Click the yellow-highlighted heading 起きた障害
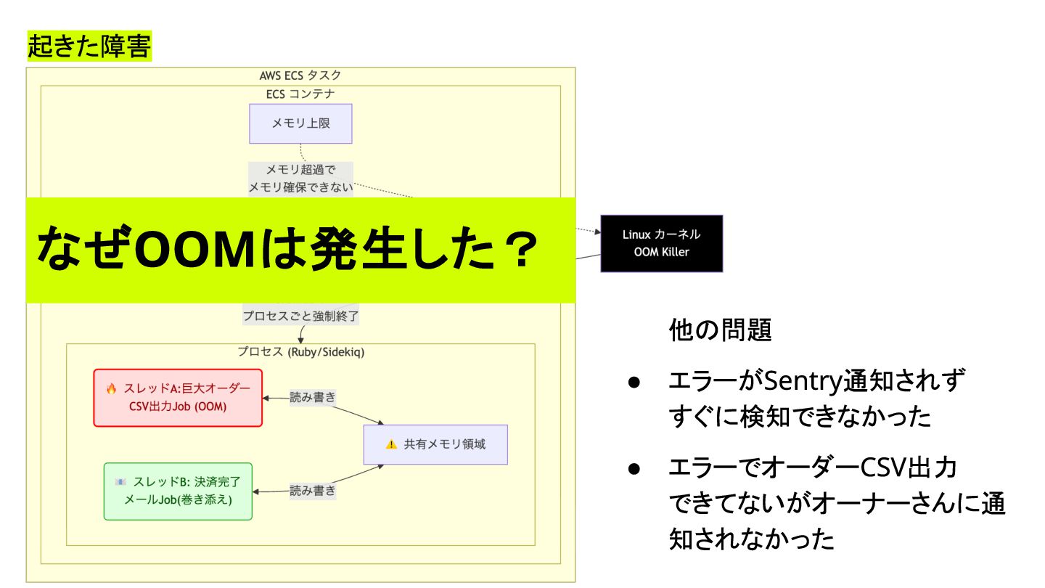point(89,46)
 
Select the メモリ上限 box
point(300,123)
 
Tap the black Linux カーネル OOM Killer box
point(661,243)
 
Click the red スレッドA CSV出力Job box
point(178,397)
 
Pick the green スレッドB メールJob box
point(178,491)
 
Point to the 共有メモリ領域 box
point(435,444)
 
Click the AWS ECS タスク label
point(300,75)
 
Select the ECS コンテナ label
point(300,94)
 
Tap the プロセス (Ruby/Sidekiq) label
point(300,352)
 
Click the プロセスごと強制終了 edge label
point(300,317)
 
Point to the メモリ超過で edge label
point(300,171)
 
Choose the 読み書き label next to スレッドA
point(313,397)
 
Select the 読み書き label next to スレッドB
point(313,491)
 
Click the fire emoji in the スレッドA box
point(111,388)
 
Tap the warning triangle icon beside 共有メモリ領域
point(392,444)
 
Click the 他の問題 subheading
point(720,331)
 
